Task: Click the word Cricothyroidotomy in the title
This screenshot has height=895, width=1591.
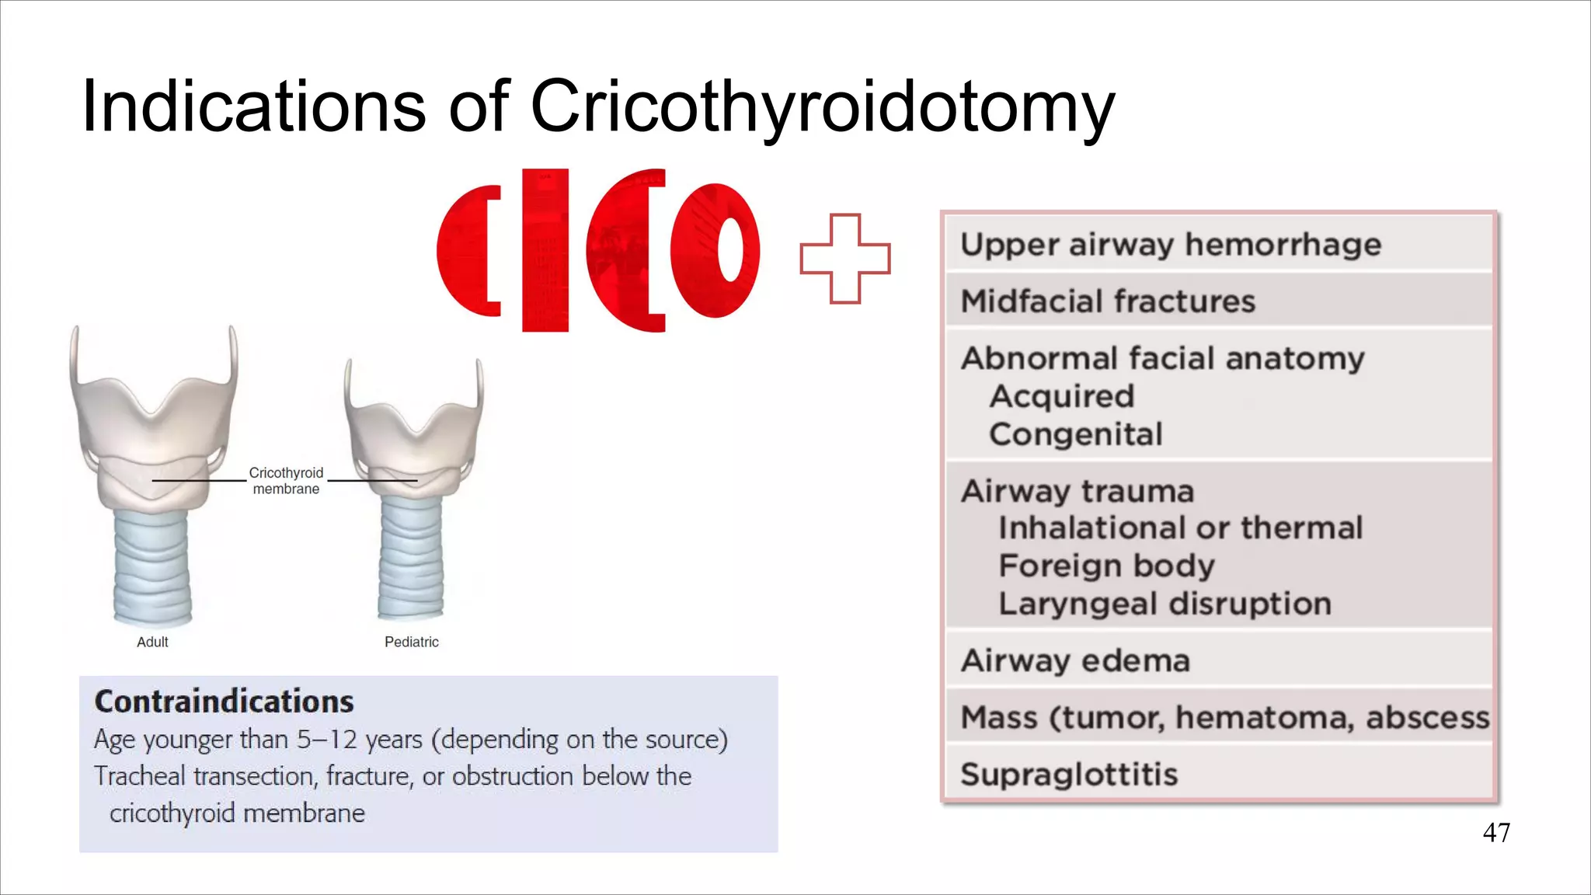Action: coord(822,107)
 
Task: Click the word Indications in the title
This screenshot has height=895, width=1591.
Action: coord(253,107)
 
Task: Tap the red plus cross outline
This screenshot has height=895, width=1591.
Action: coord(845,259)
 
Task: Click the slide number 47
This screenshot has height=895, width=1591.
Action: coord(1496,833)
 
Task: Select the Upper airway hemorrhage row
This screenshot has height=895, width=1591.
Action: coord(1171,245)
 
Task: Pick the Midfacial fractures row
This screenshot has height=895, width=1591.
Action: coord(1108,301)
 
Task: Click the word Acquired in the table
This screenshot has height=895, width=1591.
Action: coord(1061,396)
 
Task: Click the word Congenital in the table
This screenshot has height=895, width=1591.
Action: coord(1076,434)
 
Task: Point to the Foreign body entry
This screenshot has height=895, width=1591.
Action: coord(1106,566)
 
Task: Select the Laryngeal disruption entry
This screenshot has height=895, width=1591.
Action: coord(1165,604)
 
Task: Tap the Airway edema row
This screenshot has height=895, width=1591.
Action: coord(1075,661)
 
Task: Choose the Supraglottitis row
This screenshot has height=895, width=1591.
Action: coord(1069,775)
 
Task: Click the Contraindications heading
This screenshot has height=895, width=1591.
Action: coord(224,702)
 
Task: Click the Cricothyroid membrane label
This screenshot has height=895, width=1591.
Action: coord(286,481)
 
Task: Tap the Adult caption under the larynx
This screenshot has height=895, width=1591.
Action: coord(152,642)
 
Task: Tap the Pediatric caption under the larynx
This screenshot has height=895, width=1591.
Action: coord(412,642)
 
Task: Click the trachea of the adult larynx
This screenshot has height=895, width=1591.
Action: coord(152,567)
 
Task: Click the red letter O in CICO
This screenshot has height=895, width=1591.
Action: coord(715,250)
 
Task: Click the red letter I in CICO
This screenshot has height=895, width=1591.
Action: coord(545,250)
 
